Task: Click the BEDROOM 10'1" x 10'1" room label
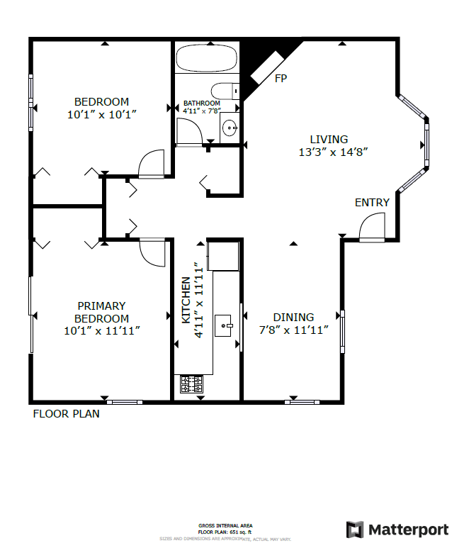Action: point(102,107)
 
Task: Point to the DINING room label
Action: point(293,318)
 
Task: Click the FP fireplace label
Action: point(281,78)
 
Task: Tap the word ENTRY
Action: point(372,203)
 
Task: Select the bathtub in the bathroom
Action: point(208,58)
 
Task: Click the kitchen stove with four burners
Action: point(192,384)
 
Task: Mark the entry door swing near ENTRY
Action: point(371,228)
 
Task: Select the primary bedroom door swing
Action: point(153,252)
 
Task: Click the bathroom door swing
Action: point(188,132)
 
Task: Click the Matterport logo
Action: point(397,529)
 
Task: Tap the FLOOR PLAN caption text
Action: point(67,414)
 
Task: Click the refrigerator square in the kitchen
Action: point(223,256)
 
